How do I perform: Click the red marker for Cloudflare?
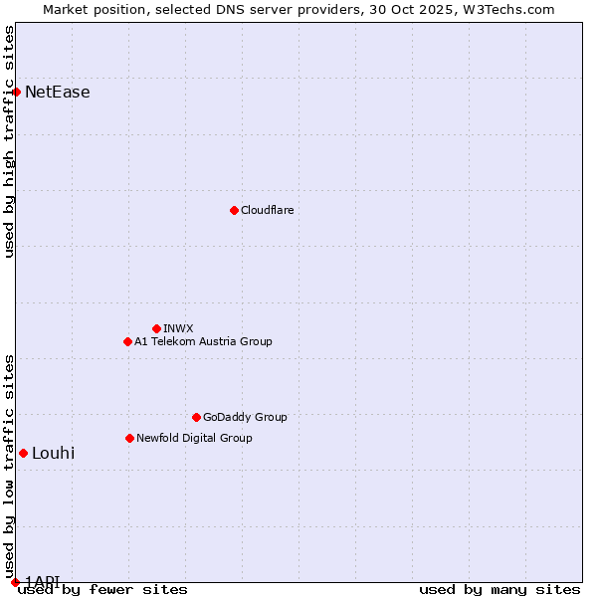click(234, 210)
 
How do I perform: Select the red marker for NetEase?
click(16, 93)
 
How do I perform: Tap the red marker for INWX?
click(156, 328)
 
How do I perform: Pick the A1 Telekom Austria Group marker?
click(127, 341)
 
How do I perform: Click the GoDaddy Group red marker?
click(196, 417)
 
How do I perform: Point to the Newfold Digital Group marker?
click(129, 438)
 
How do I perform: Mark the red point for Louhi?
click(23, 454)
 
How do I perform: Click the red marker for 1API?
click(15, 582)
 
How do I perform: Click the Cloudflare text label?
click(267, 210)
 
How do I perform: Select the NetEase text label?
click(58, 93)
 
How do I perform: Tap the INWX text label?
click(178, 328)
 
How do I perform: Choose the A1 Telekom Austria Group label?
click(203, 341)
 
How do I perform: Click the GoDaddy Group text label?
click(245, 417)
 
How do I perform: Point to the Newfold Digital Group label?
click(194, 438)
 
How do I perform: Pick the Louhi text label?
click(54, 454)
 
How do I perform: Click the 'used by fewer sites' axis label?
click(102, 589)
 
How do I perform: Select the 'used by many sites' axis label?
click(499, 589)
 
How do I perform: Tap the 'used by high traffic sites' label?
click(9, 141)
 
